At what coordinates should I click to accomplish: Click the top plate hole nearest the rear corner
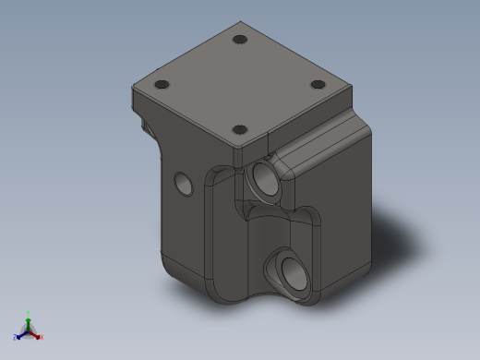(240, 41)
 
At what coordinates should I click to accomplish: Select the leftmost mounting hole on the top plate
(162, 85)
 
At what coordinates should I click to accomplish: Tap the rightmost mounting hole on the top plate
(318, 85)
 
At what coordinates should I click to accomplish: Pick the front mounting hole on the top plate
(239, 130)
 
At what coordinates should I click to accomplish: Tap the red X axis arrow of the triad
(37, 334)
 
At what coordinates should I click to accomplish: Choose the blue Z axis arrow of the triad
(21, 334)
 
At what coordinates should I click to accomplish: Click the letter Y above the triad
(29, 313)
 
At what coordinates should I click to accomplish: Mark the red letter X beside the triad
(42, 337)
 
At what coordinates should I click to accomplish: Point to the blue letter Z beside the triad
(16, 337)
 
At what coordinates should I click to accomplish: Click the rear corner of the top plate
(240, 23)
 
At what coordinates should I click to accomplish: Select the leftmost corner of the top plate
(134, 85)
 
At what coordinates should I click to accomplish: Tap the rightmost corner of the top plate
(353, 87)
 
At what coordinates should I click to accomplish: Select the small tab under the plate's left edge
(144, 124)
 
